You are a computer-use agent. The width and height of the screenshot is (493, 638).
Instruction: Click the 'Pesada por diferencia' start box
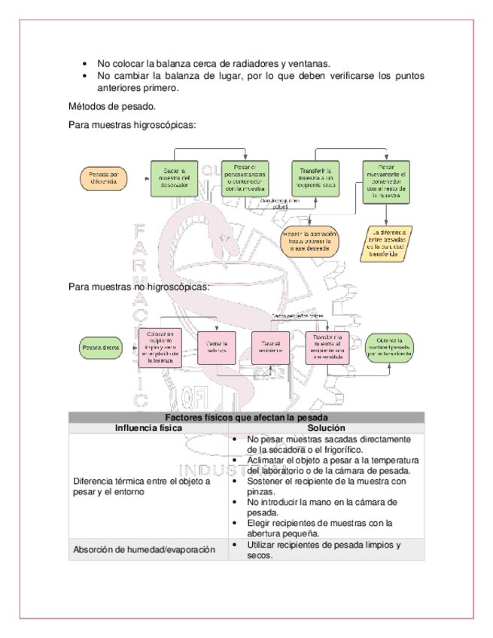click(103, 178)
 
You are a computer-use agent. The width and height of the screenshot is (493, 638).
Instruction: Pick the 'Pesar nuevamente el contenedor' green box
click(387, 182)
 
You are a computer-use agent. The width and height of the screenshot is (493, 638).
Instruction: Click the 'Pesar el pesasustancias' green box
click(245, 178)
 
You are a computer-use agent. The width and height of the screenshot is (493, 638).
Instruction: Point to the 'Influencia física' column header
click(148, 428)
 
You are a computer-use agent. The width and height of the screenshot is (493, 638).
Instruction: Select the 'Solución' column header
click(326, 428)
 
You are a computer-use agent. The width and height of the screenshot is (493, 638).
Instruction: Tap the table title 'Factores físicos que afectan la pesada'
click(246, 418)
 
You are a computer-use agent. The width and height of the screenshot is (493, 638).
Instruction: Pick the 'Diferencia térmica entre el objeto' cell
click(142, 486)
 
